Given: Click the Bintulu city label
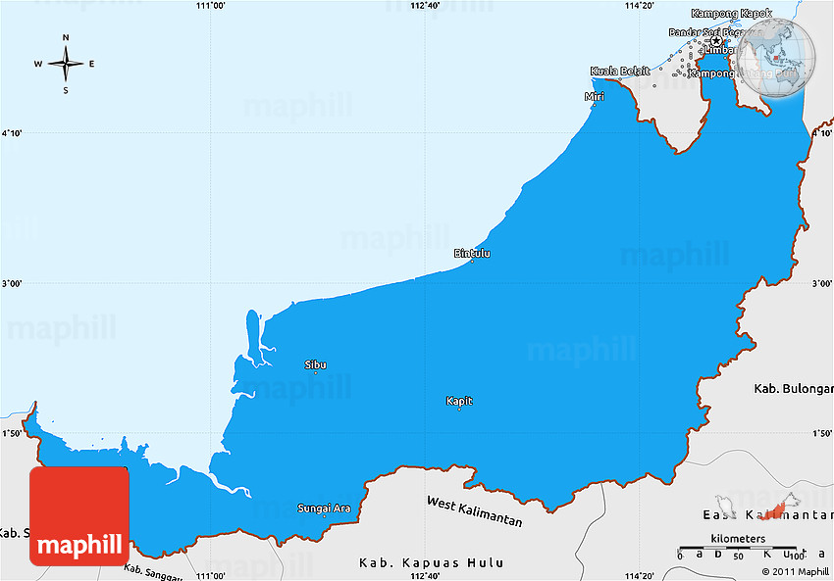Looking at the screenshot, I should (472, 254).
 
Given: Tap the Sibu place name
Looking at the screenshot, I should (315, 364).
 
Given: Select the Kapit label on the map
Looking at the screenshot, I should (459, 401).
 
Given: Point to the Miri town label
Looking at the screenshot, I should (594, 97).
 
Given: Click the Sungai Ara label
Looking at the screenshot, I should (324, 508).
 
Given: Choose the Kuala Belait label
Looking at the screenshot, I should (620, 72).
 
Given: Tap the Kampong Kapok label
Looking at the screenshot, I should (731, 14).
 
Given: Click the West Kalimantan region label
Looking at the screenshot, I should (474, 510).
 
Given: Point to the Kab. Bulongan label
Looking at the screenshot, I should (792, 389).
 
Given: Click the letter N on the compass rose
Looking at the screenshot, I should (66, 38).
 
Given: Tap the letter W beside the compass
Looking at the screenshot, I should (38, 65).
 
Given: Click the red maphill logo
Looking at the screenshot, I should (78, 516).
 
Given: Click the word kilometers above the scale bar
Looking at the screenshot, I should (738, 539).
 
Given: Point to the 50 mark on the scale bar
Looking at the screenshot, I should (738, 557).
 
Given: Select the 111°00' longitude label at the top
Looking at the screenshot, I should (211, 6).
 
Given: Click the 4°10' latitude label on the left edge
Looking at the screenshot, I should (15, 133).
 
